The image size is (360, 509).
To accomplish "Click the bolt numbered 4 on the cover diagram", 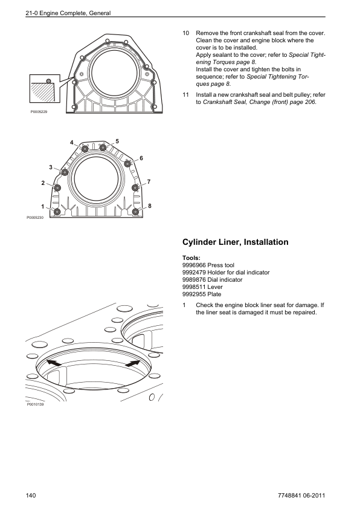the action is [85, 149].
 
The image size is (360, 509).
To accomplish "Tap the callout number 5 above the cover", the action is [117, 141].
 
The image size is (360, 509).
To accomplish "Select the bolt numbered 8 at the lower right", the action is [135, 212].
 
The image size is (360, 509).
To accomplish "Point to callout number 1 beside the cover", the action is [42, 207].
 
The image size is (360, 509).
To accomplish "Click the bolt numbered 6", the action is [127, 164].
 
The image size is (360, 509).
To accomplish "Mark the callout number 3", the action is [51, 167].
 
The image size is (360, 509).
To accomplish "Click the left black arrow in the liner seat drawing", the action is [54, 363].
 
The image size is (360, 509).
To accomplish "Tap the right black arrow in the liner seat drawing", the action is [133, 363].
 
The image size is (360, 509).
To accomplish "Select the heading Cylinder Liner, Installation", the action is [235, 242].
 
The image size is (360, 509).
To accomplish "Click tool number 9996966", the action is [194, 265].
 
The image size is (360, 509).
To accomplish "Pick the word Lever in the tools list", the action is [215, 287].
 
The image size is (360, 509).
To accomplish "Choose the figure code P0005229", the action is [39, 112].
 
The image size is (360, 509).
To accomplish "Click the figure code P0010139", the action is [35, 404].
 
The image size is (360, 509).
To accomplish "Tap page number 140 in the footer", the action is [31, 495].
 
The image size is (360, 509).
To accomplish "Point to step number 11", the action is [185, 95].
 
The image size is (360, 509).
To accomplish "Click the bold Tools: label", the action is [191, 258].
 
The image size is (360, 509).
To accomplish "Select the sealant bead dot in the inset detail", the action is [49, 81].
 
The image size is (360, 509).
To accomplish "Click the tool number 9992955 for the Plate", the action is [194, 294].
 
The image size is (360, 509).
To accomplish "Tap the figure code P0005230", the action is [35, 218].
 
